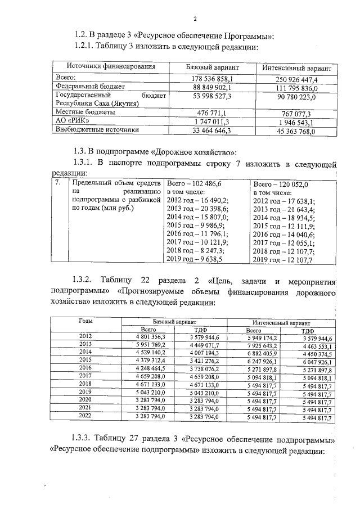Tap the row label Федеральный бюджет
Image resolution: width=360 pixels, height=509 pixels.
coord(89,87)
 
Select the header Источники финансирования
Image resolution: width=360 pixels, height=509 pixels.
coord(111,67)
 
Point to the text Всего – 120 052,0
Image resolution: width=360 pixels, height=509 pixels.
coord(281,183)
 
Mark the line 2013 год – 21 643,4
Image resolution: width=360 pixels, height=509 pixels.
coord(284,209)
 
